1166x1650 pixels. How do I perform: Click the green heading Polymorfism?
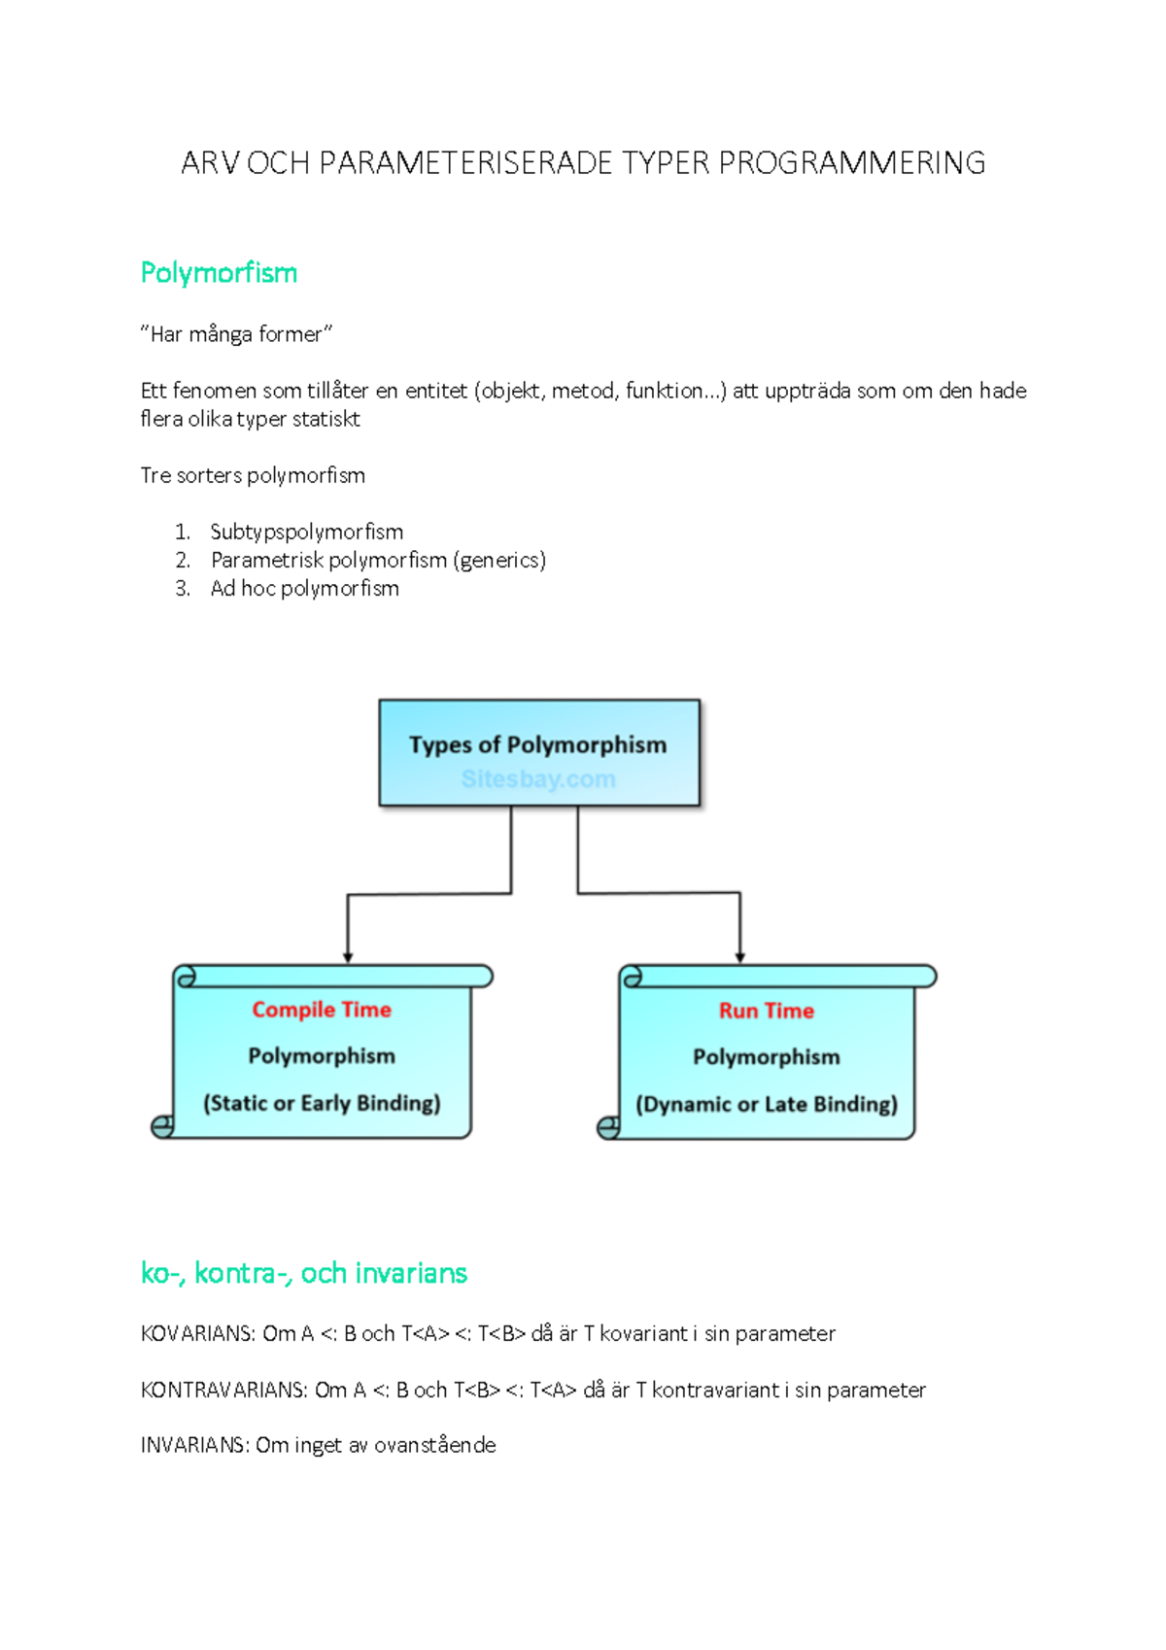(x=219, y=273)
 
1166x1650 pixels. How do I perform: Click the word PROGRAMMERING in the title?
(x=852, y=163)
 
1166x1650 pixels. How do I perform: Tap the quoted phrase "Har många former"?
(x=236, y=334)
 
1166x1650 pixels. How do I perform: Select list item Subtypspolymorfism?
(x=306, y=532)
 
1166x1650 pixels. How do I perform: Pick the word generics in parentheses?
(x=499, y=560)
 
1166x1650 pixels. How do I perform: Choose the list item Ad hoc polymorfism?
(x=304, y=588)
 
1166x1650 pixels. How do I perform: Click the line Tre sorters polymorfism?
(x=253, y=475)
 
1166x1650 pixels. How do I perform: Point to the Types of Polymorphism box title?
(x=537, y=745)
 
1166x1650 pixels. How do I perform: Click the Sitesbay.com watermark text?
(x=538, y=779)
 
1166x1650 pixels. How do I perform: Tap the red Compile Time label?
(x=322, y=1010)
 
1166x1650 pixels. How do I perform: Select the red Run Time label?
(x=767, y=1011)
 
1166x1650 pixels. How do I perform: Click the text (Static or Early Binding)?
(x=322, y=1103)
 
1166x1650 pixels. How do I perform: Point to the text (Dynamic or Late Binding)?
(x=767, y=1104)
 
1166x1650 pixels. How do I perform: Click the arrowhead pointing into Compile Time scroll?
(x=348, y=957)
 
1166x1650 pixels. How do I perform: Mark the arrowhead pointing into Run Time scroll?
(x=740, y=957)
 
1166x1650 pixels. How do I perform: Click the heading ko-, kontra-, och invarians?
(x=303, y=1273)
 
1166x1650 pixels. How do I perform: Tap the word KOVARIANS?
(x=198, y=1333)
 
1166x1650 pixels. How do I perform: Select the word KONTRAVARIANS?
(x=223, y=1390)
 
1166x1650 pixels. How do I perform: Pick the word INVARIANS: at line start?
(x=194, y=1445)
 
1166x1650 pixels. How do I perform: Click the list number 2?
(x=183, y=560)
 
